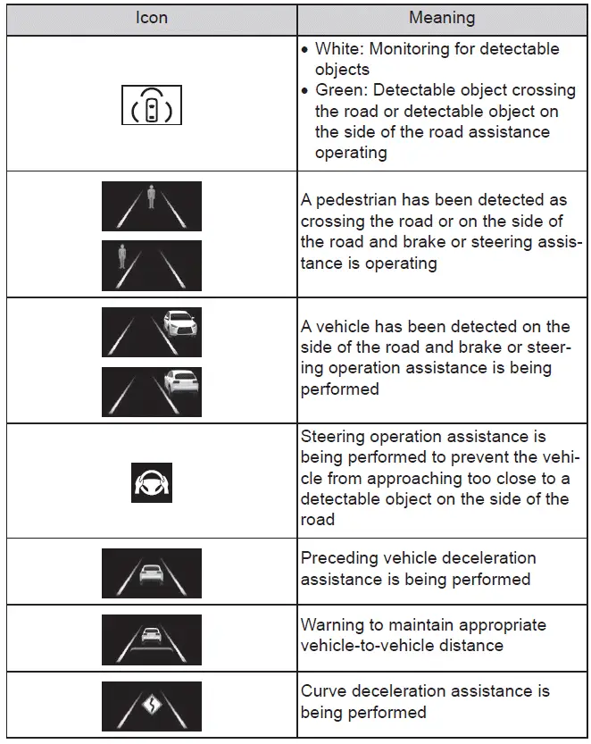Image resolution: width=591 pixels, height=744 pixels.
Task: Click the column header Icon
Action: pyautogui.click(x=151, y=18)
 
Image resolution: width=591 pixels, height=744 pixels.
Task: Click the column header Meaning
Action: pyautogui.click(x=442, y=18)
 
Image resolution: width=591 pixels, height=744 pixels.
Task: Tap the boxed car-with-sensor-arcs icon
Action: pyautogui.click(x=151, y=104)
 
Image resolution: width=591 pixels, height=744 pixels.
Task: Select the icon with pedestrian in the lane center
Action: pyautogui.click(x=151, y=206)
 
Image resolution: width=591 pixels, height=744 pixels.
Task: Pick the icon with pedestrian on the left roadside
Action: pyautogui.click(x=151, y=265)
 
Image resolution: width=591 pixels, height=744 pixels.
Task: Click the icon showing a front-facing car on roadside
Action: pyautogui.click(x=151, y=332)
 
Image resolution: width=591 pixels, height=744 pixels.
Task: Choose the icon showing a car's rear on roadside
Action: pyautogui.click(x=151, y=391)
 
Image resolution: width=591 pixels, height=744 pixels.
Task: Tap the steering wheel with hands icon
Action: pyautogui.click(x=151, y=482)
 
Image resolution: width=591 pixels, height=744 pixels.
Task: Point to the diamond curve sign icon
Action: pyautogui.click(x=151, y=706)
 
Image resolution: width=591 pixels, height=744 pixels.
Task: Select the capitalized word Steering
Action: pyautogui.click(x=333, y=437)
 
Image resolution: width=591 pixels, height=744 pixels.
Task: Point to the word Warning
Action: pyautogui.click(x=332, y=624)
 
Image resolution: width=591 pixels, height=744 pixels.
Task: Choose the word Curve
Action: pyautogui.click(x=322, y=691)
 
